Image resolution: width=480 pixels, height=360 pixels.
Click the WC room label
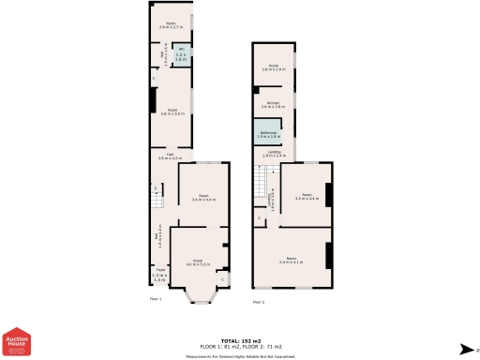(181, 56)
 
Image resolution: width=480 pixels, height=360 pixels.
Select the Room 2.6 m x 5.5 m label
(172, 112)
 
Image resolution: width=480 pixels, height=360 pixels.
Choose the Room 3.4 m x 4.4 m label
(203, 199)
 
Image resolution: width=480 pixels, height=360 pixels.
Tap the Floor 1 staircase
(158, 198)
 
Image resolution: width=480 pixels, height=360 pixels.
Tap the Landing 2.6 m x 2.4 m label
(274, 154)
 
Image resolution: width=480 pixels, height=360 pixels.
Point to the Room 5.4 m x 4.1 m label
(292, 260)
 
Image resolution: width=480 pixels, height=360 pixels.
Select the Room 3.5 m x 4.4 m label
(307, 198)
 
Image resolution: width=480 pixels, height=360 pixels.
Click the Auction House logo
(17, 342)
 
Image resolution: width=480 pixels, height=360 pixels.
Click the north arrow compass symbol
(464, 349)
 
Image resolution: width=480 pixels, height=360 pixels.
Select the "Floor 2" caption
(258, 302)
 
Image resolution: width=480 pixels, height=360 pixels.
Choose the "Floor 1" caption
(156, 299)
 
